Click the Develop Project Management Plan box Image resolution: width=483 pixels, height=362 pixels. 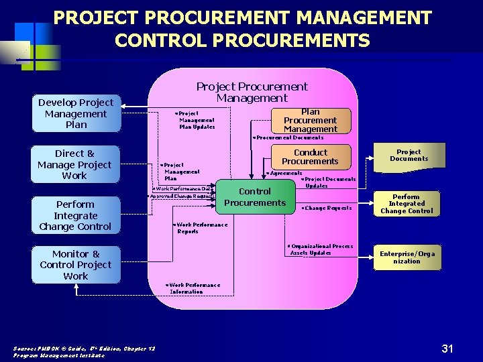tap(76, 113)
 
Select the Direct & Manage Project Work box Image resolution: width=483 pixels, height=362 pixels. tap(74, 164)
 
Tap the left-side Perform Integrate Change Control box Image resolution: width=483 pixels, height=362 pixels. tap(75, 215)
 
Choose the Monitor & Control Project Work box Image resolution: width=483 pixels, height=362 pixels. tap(75, 265)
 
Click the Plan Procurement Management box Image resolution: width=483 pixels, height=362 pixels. tap(310, 121)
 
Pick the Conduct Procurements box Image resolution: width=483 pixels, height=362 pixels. tap(310, 157)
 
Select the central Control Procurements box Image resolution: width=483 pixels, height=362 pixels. tap(255, 197)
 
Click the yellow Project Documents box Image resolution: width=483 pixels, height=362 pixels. tap(408, 156)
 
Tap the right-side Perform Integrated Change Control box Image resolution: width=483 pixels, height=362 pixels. tap(407, 204)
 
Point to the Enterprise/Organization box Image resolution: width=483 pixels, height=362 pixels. tap(407, 257)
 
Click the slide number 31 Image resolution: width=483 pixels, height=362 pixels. tap(447, 348)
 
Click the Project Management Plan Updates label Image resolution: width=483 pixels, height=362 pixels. tap(196, 120)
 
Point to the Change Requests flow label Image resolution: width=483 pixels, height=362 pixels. tap(327, 208)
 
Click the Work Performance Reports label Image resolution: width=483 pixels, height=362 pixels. tap(201, 228)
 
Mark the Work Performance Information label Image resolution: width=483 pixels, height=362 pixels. tap(194, 288)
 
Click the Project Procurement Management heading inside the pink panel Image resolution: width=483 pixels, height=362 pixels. tap(252, 92)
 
